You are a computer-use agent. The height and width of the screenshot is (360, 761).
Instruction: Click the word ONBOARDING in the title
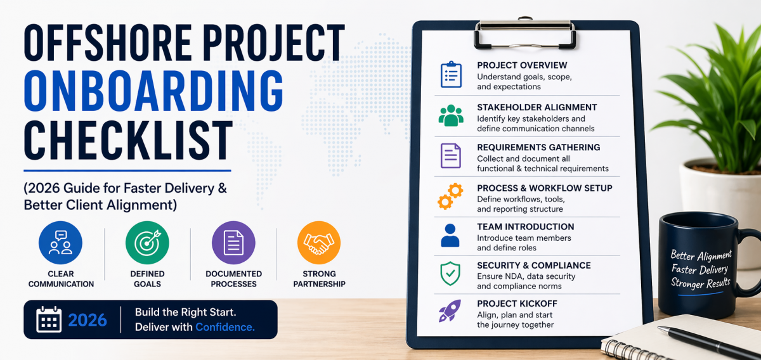[x=153, y=91]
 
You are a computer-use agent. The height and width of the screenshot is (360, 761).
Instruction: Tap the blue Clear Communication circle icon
[x=60, y=243]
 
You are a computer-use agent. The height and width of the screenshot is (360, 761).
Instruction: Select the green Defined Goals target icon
[x=147, y=243]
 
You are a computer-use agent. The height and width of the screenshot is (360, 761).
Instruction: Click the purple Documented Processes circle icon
[x=233, y=243]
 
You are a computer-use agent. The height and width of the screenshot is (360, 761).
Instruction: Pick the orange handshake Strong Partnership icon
[x=319, y=243]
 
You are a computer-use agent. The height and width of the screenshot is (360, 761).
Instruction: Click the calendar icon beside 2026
[x=49, y=319]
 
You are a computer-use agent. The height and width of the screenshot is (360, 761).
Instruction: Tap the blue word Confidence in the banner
[x=225, y=327]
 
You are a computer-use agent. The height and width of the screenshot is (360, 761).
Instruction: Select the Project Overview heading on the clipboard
[x=522, y=65]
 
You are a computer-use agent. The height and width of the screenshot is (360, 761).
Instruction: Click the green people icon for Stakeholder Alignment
[x=451, y=115]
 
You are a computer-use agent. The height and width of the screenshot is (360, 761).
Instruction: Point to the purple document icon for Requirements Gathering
[x=451, y=156]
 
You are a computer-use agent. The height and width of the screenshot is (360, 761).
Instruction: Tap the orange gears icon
[x=450, y=196]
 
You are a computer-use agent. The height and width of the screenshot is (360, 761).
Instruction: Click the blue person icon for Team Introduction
[x=450, y=235]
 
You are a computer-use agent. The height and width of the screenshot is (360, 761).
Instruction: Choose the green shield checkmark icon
[x=450, y=273]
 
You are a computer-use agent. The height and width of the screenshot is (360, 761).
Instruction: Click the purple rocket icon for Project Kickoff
[x=450, y=311]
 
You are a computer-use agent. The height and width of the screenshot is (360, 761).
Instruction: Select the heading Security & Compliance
[x=534, y=265]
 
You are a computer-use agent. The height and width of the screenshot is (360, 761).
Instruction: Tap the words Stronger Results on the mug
[x=701, y=283]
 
